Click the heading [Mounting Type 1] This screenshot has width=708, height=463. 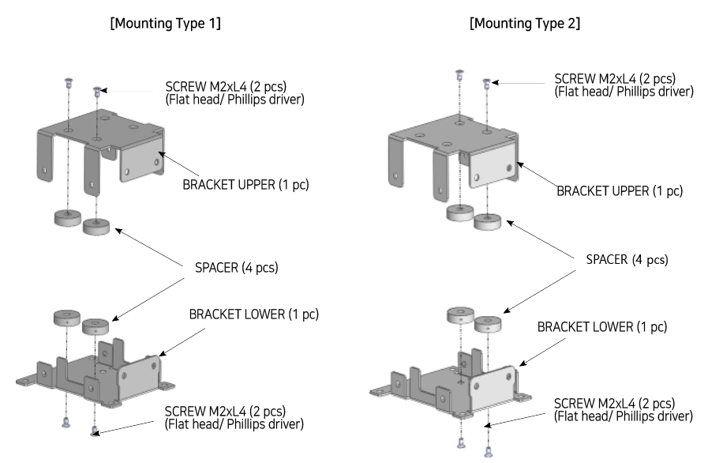[x=165, y=24]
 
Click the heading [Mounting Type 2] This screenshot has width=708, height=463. [x=525, y=24]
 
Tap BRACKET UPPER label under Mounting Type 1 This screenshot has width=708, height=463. [x=245, y=186]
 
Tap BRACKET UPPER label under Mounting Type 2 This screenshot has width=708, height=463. [x=619, y=190]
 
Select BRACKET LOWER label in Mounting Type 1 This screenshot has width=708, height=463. [x=253, y=314]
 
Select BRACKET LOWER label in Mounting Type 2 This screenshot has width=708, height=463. [x=601, y=326]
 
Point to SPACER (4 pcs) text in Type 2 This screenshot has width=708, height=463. [x=627, y=259]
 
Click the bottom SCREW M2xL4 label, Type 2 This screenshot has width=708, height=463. [x=624, y=409]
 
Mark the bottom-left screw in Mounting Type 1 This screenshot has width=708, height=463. [x=66, y=423]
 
